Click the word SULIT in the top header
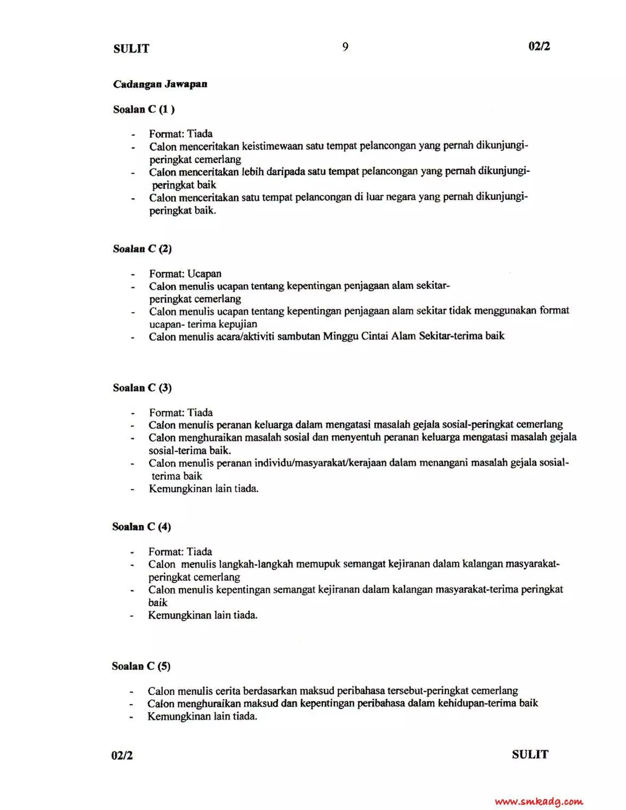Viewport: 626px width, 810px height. (x=131, y=49)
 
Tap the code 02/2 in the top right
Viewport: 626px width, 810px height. (x=539, y=46)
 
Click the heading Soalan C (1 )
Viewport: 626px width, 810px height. (x=144, y=109)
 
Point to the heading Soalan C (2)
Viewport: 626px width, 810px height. (x=142, y=249)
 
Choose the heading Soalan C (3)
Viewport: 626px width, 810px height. (x=142, y=388)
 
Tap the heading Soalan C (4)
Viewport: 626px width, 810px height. (x=142, y=527)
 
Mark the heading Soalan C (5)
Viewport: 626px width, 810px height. (x=141, y=666)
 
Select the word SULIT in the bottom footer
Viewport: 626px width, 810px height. (x=530, y=754)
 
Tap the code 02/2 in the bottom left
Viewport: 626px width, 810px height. (x=122, y=756)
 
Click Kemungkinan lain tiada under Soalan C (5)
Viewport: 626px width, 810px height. (x=202, y=716)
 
